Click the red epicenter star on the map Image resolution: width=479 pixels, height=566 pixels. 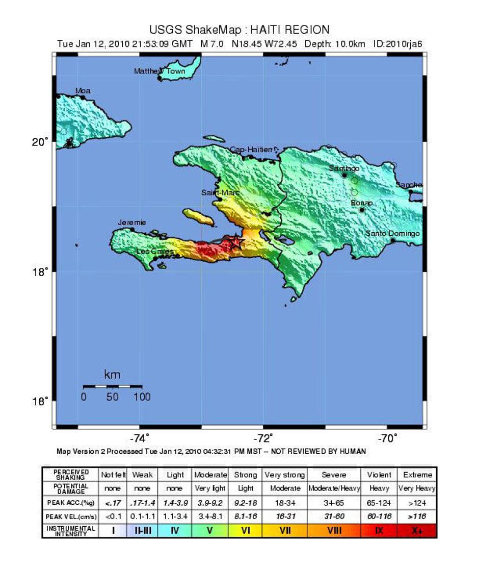coord(236,243)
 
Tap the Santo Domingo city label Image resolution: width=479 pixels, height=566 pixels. coord(393,234)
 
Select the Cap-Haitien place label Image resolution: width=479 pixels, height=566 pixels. coord(251,150)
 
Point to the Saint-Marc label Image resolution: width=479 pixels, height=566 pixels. coord(219,192)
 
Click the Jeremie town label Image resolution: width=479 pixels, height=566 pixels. coord(132,223)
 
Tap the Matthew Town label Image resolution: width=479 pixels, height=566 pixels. coord(159,71)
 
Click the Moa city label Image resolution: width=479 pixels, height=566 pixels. coord(83,91)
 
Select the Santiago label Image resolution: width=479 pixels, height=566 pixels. coord(344,168)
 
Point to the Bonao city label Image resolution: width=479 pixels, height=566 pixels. coord(362,203)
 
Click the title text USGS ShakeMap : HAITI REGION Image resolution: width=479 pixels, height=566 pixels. coord(240,30)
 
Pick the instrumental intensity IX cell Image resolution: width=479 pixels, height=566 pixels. coord(378,530)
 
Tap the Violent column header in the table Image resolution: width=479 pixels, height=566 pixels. coord(378,475)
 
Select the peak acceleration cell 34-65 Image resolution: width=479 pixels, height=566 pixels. coord(334,503)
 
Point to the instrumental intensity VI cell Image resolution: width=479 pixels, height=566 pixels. coord(245,530)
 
